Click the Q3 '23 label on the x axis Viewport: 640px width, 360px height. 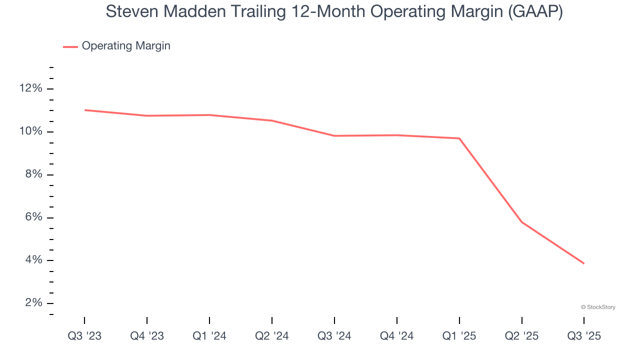pyautogui.click(x=84, y=336)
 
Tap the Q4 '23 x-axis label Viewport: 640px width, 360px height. pyautogui.click(x=147, y=336)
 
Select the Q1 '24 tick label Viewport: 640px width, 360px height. pyautogui.click(x=209, y=336)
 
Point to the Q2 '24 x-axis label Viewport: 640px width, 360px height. pyautogui.click(x=272, y=336)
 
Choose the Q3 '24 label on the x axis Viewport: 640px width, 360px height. pyautogui.click(x=334, y=336)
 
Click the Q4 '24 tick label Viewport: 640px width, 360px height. pyautogui.click(x=397, y=336)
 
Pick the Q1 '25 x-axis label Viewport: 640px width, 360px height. pyautogui.click(x=459, y=336)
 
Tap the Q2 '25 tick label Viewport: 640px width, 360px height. pyautogui.click(x=522, y=336)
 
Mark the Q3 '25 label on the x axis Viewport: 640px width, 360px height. pyautogui.click(x=584, y=336)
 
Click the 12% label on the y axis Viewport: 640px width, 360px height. pyautogui.click(x=31, y=88)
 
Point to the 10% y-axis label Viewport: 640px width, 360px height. pyautogui.click(x=31, y=131)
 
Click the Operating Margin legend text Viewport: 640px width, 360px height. pyautogui.click(x=126, y=46)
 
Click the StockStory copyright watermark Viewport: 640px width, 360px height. pyautogui.click(x=598, y=307)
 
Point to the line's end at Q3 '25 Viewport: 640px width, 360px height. pyautogui.click(x=584, y=263)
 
